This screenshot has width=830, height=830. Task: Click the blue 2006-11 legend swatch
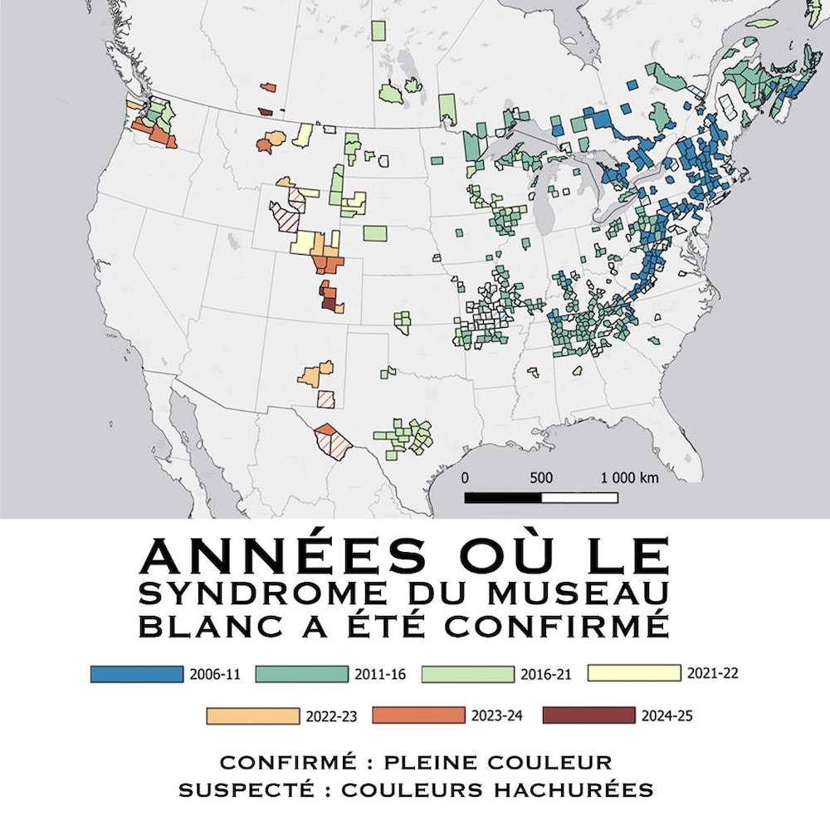136,674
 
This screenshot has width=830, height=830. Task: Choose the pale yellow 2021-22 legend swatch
633,673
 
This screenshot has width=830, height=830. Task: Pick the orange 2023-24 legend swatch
417,715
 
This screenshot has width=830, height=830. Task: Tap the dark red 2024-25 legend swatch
587,715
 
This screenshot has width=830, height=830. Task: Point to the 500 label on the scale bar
540,478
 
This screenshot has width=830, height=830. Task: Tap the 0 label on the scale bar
465,478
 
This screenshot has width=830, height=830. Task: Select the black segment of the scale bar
503,498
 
